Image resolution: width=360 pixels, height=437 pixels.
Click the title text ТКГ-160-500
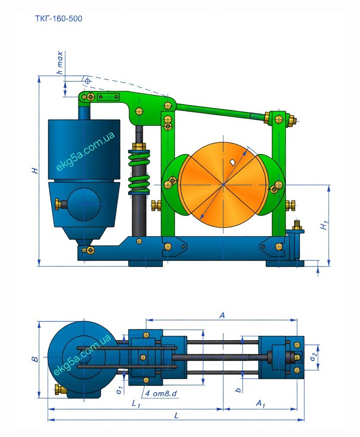[58, 19]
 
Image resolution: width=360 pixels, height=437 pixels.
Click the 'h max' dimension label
[60, 63]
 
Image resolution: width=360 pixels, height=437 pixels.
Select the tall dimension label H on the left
[35, 170]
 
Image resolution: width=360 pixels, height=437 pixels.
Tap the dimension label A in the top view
[222, 315]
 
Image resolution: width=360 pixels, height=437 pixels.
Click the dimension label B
[35, 359]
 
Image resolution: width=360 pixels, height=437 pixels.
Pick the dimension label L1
[136, 403]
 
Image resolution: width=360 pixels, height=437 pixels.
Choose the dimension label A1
[260, 403]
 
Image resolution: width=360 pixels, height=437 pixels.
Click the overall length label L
[176, 416]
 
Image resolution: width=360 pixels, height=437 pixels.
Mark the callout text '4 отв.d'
[161, 393]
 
